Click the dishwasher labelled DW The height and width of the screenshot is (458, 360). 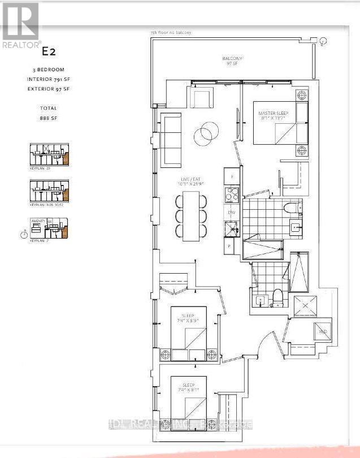point(231,213)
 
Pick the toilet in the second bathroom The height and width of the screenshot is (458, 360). point(277,296)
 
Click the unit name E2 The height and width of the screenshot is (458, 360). point(49,52)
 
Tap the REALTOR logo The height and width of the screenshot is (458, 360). point(20,25)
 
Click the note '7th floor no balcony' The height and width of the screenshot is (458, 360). point(171,33)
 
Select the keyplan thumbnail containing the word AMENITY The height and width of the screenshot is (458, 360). point(49,228)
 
